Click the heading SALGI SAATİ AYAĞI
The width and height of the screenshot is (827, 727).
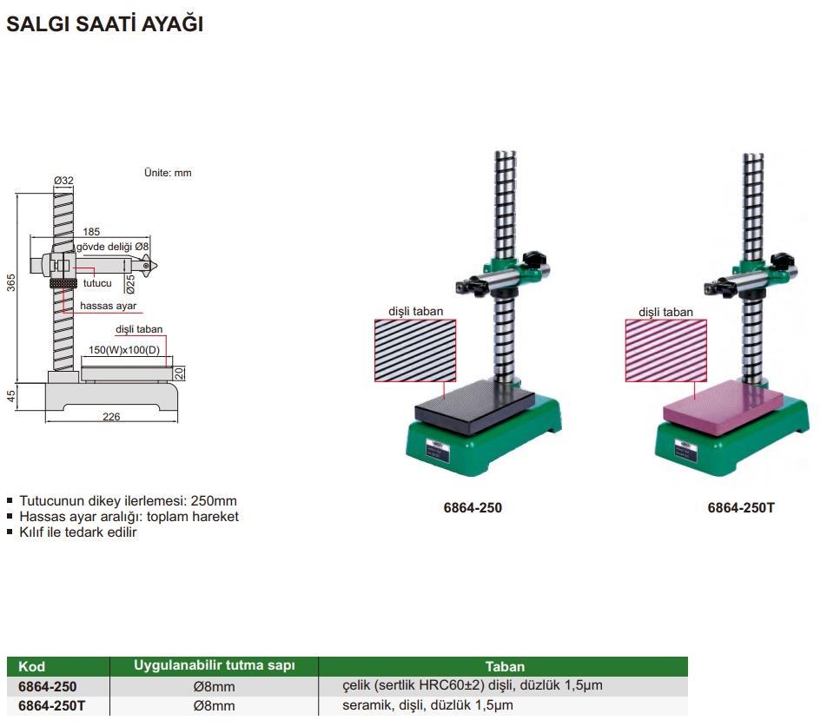pyautogui.click(x=104, y=23)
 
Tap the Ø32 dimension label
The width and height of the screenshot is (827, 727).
pyautogui.click(x=63, y=181)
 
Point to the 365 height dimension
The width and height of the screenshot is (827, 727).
pyautogui.click(x=11, y=282)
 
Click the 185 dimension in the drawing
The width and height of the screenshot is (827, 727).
pyautogui.click(x=91, y=231)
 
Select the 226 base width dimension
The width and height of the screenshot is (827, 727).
pyautogui.click(x=111, y=416)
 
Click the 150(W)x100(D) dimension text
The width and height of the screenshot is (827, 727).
pyautogui.click(x=124, y=349)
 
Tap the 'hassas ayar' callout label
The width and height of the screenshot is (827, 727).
pyautogui.click(x=108, y=306)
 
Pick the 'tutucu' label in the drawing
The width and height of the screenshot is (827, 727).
pyautogui.click(x=97, y=283)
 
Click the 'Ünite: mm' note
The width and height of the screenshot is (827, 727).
pyautogui.click(x=168, y=173)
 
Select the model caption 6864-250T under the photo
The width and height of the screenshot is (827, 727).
pyautogui.click(x=741, y=508)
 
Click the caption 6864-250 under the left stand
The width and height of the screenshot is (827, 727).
pyautogui.click(x=473, y=508)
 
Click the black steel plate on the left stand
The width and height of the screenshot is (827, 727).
pyautogui.click(x=474, y=400)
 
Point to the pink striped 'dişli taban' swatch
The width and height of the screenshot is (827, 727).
pyautogui.click(x=665, y=351)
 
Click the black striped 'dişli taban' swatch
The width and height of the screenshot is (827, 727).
pyautogui.click(x=415, y=351)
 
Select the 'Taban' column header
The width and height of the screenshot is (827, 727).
pyautogui.click(x=505, y=666)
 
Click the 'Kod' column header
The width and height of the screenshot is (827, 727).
pyautogui.click(x=31, y=666)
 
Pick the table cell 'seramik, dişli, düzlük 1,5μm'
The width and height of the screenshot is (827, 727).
pyautogui.click(x=427, y=705)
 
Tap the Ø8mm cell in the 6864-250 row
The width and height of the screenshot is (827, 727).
pyautogui.click(x=214, y=686)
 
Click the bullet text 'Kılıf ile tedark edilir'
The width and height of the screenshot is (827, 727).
pyautogui.click(x=78, y=532)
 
